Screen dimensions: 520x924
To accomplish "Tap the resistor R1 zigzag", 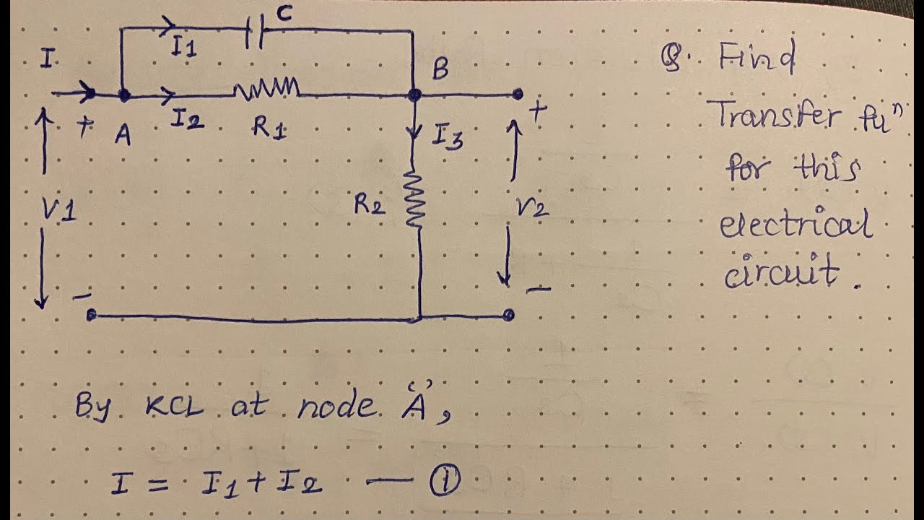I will [266, 90].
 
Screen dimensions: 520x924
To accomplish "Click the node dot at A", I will [123, 95].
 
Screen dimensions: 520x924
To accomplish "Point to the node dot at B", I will [414, 95].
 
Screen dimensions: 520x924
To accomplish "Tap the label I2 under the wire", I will [186, 121].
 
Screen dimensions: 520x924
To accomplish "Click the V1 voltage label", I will [59, 210].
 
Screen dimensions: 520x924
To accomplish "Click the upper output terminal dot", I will [517, 94].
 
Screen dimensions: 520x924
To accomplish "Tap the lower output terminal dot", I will [509, 315].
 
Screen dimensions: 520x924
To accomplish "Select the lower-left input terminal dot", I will [91, 316].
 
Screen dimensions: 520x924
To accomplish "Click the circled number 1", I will [445, 482].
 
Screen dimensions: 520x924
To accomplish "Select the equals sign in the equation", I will [160, 482].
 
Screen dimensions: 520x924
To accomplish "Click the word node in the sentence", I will [336, 407].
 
